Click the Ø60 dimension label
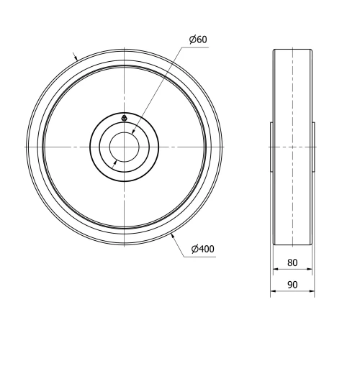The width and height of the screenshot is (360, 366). (198, 38)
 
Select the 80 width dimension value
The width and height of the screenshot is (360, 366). (292, 262)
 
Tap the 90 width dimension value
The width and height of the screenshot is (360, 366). (292, 285)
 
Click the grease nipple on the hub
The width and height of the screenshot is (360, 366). (125, 118)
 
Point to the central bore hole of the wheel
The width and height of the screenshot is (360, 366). (125, 147)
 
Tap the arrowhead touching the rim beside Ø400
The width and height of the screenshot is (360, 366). (174, 234)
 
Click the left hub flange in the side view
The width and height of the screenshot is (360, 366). (271, 147)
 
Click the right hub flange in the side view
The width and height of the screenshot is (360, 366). (314, 147)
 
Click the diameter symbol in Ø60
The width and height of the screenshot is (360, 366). (192, 38)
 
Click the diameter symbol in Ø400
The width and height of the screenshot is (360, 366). (195, 249)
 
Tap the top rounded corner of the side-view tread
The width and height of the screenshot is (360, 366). (276, 50)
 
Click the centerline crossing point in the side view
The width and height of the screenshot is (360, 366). (293, 147)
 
